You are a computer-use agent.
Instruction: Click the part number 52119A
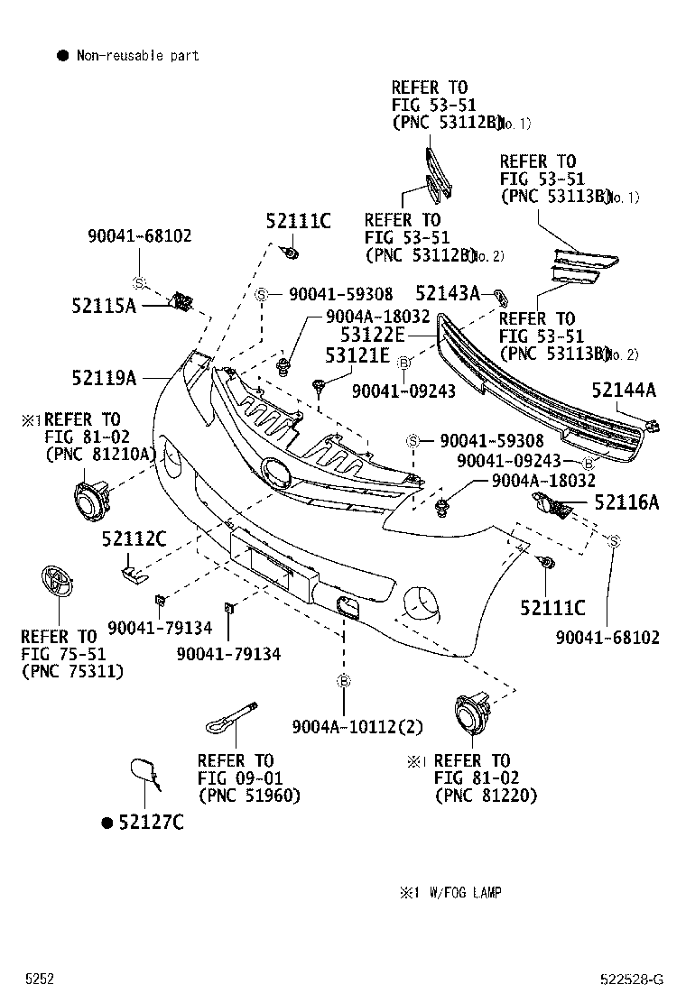click(x=104, y=378)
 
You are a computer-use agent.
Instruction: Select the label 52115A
click(x=104, y=306)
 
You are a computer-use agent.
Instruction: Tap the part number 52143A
click(x=447, y=293)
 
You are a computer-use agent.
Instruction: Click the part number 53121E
click(x=357, y=357)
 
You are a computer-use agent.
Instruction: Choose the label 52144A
click(x=624, y=390)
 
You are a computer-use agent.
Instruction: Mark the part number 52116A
click(x=626, y=502)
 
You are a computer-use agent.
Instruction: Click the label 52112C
click(x=134, y=539)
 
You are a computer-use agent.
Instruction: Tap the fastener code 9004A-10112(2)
click(x=357, y=727)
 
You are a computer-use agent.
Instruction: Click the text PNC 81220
click(x=486, y=795)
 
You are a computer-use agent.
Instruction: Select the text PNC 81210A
click(x=100, y=454)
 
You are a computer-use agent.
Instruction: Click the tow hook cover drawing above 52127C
click(x=144, y=773)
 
